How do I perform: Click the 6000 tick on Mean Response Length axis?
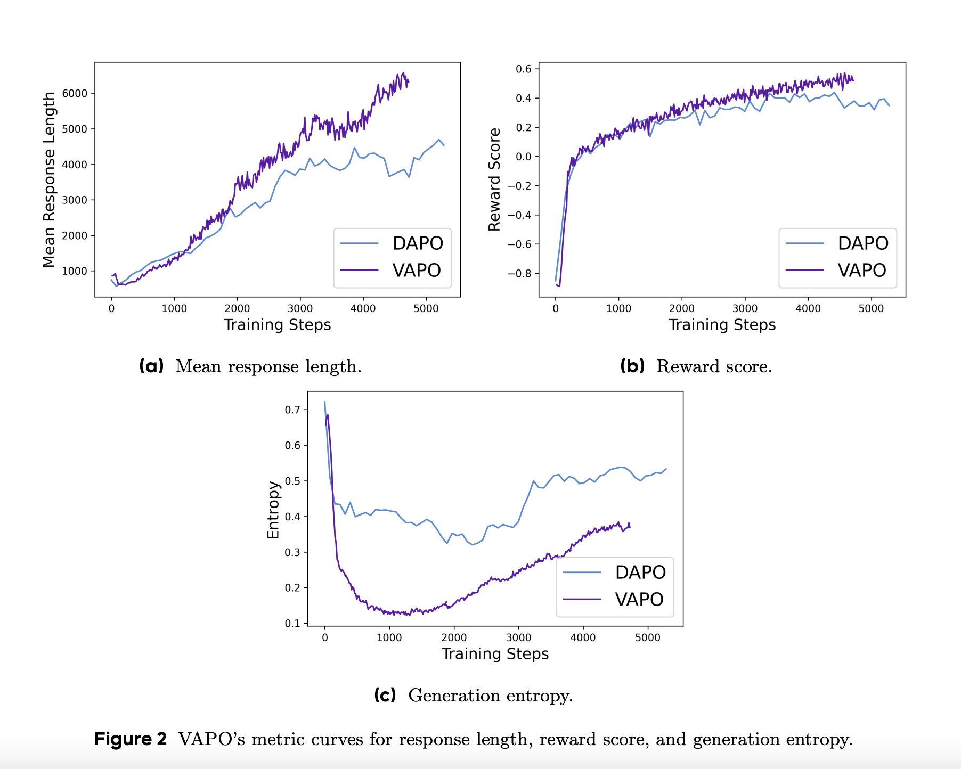coord(75,93)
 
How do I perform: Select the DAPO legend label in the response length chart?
coord(418,243)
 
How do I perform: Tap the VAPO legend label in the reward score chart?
coord(861,271)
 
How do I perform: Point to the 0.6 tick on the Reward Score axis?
coord(524,69)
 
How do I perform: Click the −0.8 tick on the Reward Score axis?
coord(519,274)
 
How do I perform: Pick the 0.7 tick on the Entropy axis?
coord(292,410)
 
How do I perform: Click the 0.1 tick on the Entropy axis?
coord(292,623)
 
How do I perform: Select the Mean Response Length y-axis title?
coord(49,179)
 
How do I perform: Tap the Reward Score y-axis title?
coord(494,179)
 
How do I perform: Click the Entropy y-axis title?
coord(273,510)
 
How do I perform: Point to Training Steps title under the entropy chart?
coord(495,654)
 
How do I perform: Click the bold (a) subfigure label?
coord(151,366)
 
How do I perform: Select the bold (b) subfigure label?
coord(632,366)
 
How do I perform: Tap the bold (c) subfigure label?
coord(385,696)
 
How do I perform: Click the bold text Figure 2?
coord(131,740)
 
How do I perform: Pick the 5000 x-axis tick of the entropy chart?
coord(648,637)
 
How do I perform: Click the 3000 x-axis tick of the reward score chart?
coord(745,308)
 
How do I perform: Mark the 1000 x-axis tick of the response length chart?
coord(174,308)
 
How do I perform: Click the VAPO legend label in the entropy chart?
coord(639,600)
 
